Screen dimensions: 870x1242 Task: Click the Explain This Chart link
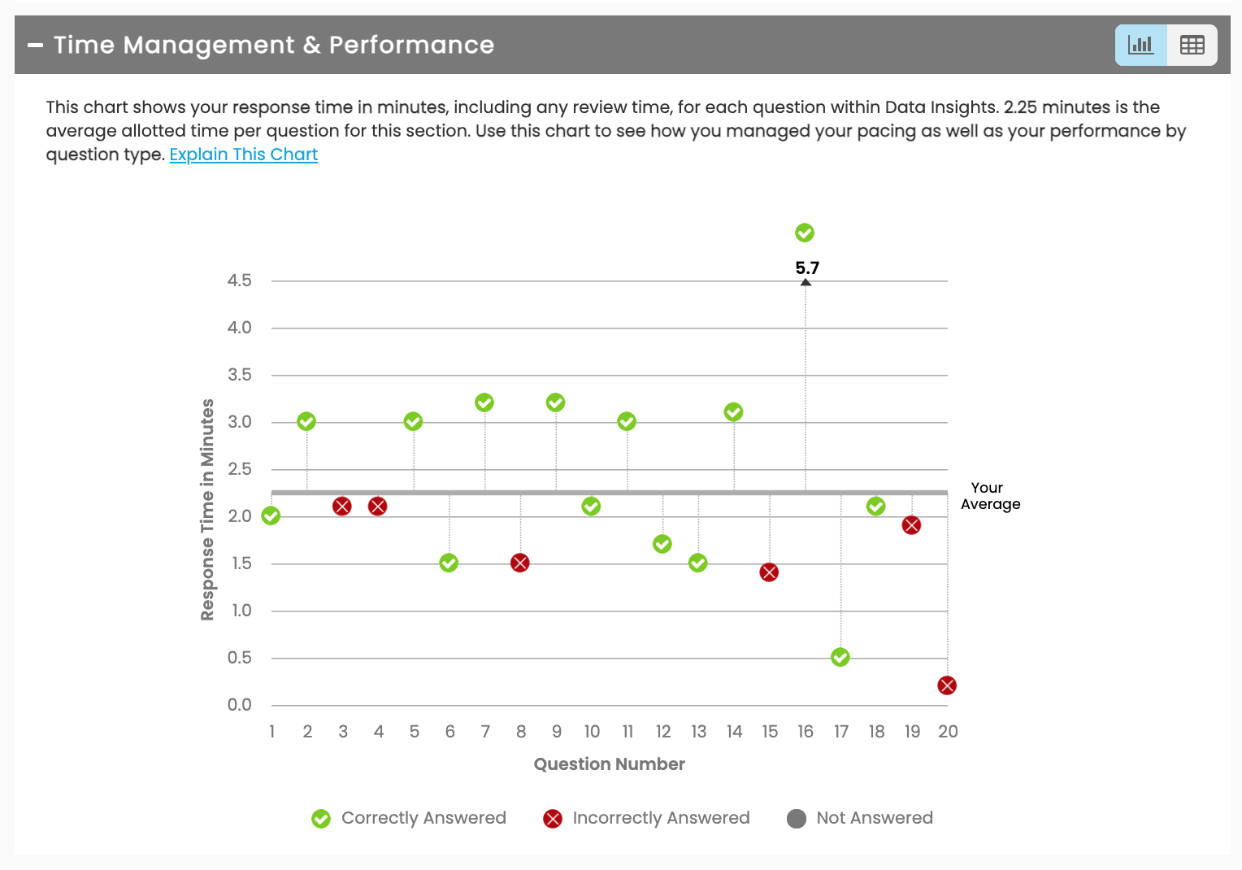click(243, 154)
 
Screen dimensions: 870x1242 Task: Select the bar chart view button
click(1140, 45)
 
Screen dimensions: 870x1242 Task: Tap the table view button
click(1192, 45)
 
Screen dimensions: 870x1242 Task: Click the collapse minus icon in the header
click(35, 46)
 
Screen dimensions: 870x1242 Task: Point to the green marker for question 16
click(805, 233)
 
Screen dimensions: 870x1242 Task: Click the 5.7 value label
click(807, 268)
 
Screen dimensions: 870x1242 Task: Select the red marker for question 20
click(947, 685)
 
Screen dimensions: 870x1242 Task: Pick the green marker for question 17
click(840, 657)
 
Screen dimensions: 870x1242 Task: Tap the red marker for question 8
click(520, 563)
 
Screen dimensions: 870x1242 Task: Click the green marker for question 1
click(271, 515)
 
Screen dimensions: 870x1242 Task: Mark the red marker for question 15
click(769, 572)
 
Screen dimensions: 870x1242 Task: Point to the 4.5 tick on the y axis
click(240, 281)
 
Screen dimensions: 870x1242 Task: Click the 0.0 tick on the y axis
click(240, 705)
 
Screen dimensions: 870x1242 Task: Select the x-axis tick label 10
click(592, 732)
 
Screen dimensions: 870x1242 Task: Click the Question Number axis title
click(609, 764)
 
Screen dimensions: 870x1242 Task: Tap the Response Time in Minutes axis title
click(208, 510)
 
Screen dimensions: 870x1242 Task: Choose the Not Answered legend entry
click(860, 818)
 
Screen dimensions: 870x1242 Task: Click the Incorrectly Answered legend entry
click(647, 818)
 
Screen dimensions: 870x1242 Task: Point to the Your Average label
click(990, 496)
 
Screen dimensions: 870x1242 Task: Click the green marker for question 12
click(662, 544)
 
